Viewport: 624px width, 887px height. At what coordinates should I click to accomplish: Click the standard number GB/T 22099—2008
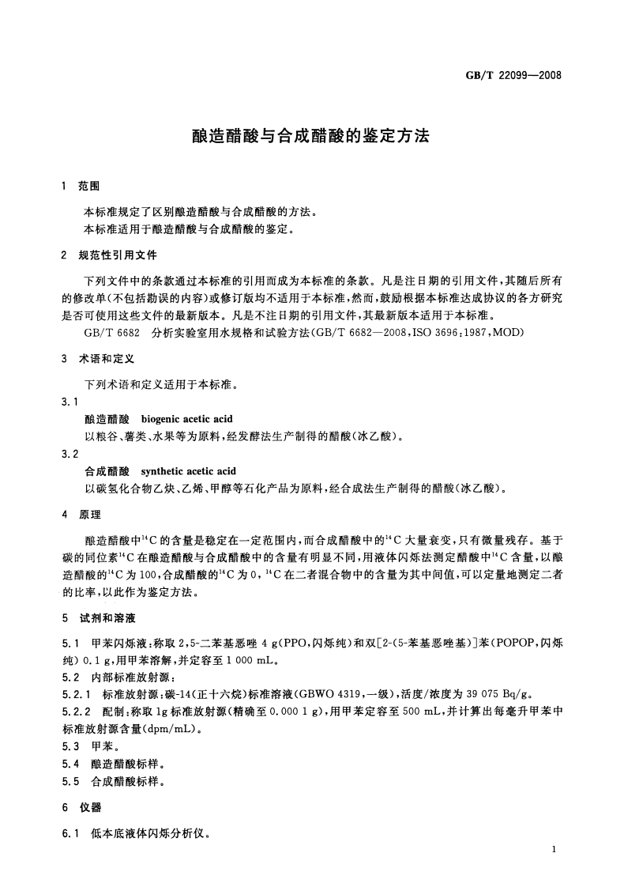point(514,77)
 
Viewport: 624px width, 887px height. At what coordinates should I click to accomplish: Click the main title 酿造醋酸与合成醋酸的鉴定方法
point(310,135)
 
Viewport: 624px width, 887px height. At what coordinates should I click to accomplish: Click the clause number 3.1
point(70,402)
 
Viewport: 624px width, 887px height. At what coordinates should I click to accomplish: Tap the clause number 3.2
point(70,455)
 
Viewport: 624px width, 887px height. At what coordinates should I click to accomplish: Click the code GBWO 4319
point(316,693)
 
